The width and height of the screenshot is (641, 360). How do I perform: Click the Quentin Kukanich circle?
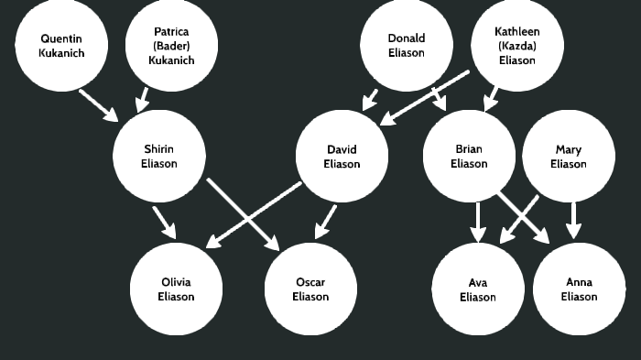[61, 46]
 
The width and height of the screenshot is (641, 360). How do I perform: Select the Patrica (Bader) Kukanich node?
[171, 46]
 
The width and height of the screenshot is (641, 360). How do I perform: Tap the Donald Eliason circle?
[406, 46]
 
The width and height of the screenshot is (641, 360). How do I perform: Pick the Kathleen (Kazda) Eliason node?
[516, 46]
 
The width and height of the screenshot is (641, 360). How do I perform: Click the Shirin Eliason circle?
[158, 157]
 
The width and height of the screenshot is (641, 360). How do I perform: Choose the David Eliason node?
[342, 157]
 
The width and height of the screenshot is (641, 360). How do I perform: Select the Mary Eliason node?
[568, 157]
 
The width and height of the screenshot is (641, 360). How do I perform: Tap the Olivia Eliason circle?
[176, 289]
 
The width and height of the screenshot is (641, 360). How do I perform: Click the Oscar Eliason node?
[310, 289]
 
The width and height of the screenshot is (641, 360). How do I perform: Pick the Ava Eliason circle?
[477, 289]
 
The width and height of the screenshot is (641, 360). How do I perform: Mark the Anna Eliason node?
[579, 289]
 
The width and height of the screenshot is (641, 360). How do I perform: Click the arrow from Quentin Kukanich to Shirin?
[98, 104]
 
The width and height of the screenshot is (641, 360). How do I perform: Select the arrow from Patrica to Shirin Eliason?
[143, 98]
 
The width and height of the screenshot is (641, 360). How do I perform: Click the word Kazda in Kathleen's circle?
[516, 46]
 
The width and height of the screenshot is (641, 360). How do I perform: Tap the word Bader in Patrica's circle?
[171, 46]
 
